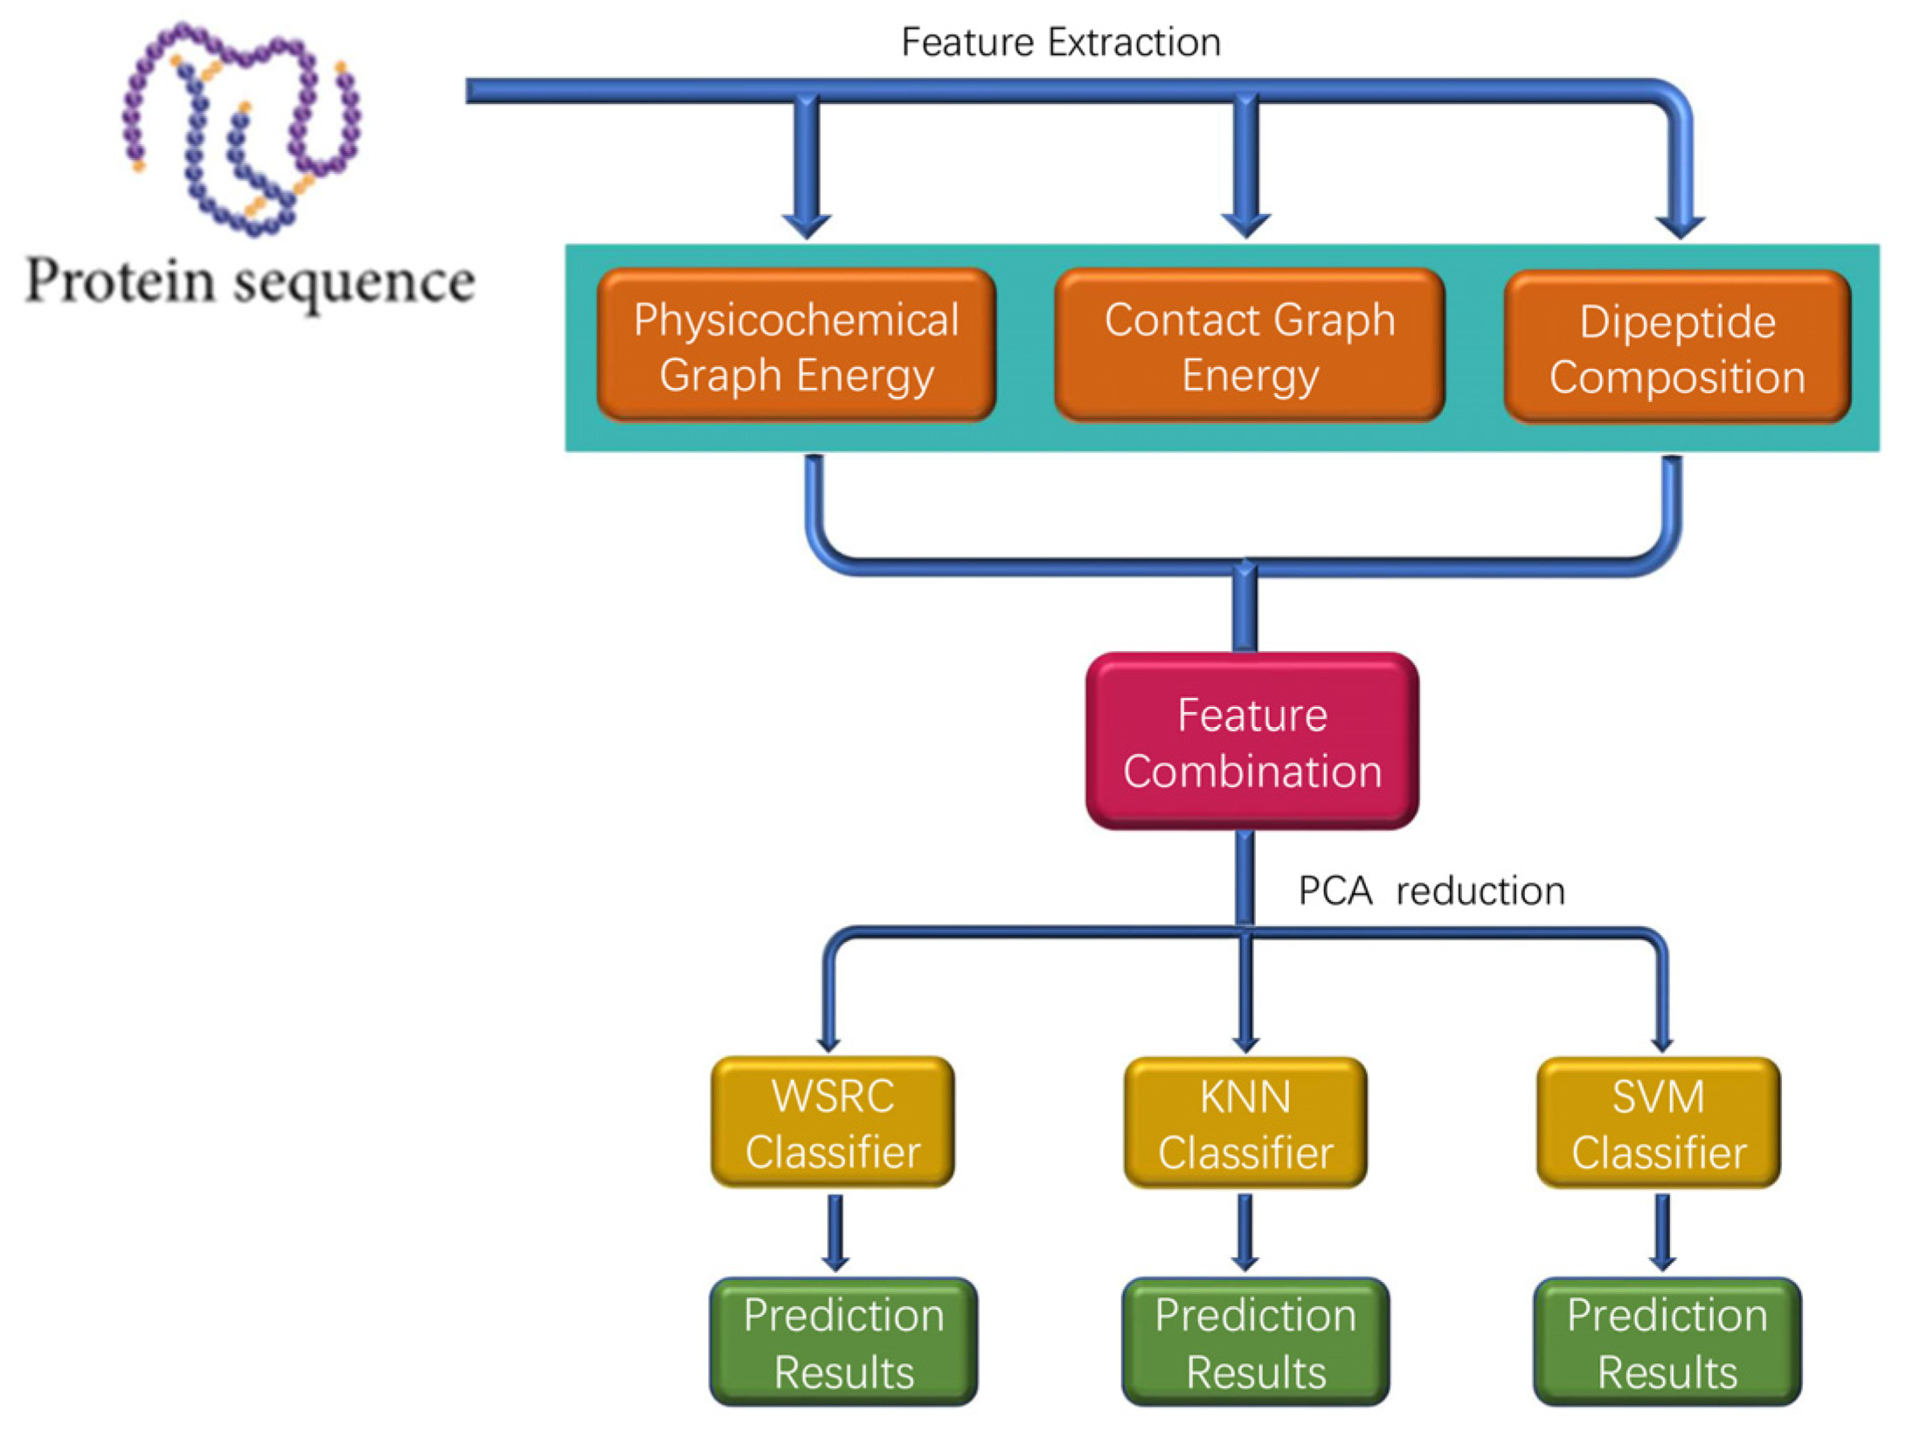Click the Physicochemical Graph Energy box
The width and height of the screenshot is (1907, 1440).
point(796,346)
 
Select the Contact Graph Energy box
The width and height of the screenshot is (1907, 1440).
point(1250,346)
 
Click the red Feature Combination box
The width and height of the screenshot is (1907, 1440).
point(1252,742)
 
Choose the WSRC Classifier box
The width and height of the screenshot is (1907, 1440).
point(833,1123)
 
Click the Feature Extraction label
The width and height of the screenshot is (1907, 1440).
point(1060,42)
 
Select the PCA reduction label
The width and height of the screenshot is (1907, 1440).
point(1431,891)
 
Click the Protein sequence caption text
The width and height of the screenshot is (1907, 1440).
point(250,281)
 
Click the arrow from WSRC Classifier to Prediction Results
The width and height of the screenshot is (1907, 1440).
point(836,1232)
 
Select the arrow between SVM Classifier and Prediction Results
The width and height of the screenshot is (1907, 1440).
point(1662,1232)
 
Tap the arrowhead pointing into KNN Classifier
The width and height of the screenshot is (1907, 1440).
point(1245,1042)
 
